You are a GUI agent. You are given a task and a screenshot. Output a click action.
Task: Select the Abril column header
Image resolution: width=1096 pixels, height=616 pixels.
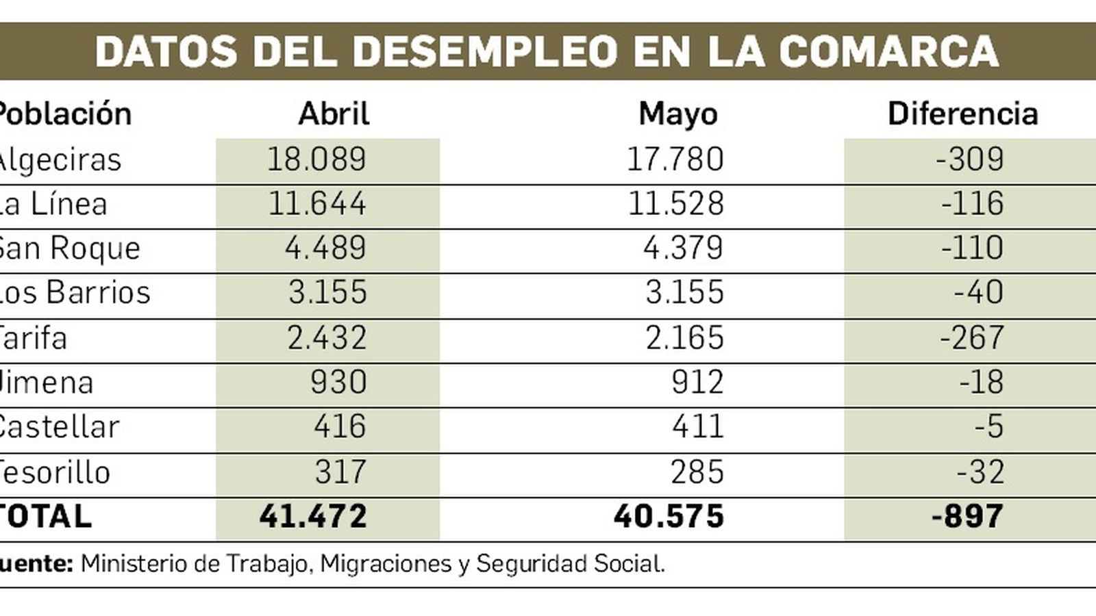[x=334, y=114]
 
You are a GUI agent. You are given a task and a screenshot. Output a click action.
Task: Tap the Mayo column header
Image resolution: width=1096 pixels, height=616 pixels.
[x=678, y=114]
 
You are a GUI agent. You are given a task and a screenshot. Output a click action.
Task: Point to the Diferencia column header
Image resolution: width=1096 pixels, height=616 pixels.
[x=962, y=114]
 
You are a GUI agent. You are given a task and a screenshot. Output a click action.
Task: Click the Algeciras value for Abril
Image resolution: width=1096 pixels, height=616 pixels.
[x=316, y=159]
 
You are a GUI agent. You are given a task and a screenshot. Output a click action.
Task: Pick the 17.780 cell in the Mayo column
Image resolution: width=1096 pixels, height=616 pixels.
[x=675, y=159]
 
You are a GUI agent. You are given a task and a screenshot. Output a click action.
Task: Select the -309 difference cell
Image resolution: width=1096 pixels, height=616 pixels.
[x=970, y=159]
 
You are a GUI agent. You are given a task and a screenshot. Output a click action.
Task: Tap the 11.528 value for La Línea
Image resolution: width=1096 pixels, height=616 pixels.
[x=675, y=204]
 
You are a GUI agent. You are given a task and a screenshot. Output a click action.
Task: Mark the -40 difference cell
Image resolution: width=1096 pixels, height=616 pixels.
[x=979, y=293]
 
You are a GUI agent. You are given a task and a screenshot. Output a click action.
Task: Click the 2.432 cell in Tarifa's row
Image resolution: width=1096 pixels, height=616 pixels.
[x=327, y=338]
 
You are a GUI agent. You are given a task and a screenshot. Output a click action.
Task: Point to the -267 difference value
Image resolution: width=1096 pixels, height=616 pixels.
[x=971, y=338]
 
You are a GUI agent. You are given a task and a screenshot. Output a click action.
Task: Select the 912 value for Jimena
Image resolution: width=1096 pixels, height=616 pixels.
[x=697, y=383]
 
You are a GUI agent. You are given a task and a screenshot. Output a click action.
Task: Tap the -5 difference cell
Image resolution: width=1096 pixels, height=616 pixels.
[x=989, y=427]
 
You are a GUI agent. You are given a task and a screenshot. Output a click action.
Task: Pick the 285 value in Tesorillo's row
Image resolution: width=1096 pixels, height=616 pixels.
[x=697, y=472]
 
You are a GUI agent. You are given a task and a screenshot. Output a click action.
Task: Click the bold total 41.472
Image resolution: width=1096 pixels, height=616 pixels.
[x=313, y=517]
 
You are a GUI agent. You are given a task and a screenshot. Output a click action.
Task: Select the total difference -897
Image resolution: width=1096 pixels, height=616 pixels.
[x=967, y=517]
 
